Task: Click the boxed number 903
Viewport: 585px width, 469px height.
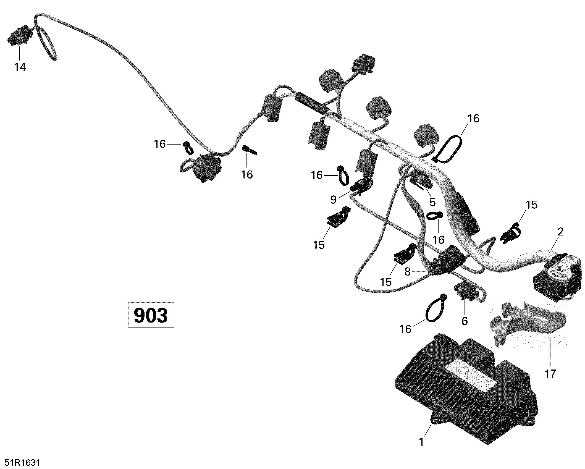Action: (151, 315)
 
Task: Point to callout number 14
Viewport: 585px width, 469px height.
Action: (20, 67)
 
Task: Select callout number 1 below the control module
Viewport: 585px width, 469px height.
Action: (421, 442)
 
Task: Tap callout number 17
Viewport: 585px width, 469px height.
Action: (550, 374)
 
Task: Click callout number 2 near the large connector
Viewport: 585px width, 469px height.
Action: (560, 232)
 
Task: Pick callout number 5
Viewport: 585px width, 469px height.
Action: (432, 202)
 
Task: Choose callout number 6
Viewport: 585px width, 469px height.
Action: (465, 321)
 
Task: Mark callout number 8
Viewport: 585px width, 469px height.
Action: (408, 272)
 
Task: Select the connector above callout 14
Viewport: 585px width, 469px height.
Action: (19, 35)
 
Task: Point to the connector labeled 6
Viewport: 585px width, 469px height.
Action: (466, 294)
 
